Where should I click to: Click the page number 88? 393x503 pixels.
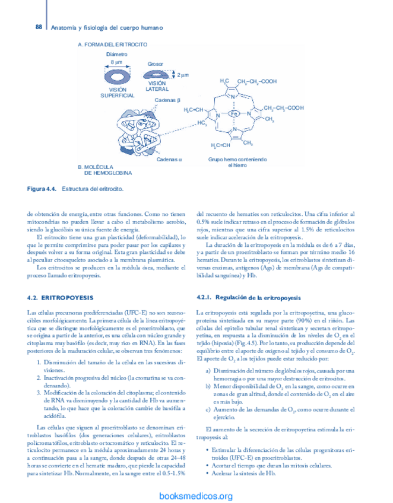pyautogui.click(x=39, y=27)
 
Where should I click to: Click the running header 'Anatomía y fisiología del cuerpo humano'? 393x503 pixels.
pyautogui.click(x=107, y=28)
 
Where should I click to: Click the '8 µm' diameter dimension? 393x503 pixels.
pyautogui.click(x=116, y=62)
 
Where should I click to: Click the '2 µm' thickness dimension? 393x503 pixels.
pyautogui.click(x=183, y=75)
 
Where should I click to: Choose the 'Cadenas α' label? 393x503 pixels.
pyautogui.click(x=169, y=160)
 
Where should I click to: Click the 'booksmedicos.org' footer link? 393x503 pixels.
pyautogui.click(x=196, y=496)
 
